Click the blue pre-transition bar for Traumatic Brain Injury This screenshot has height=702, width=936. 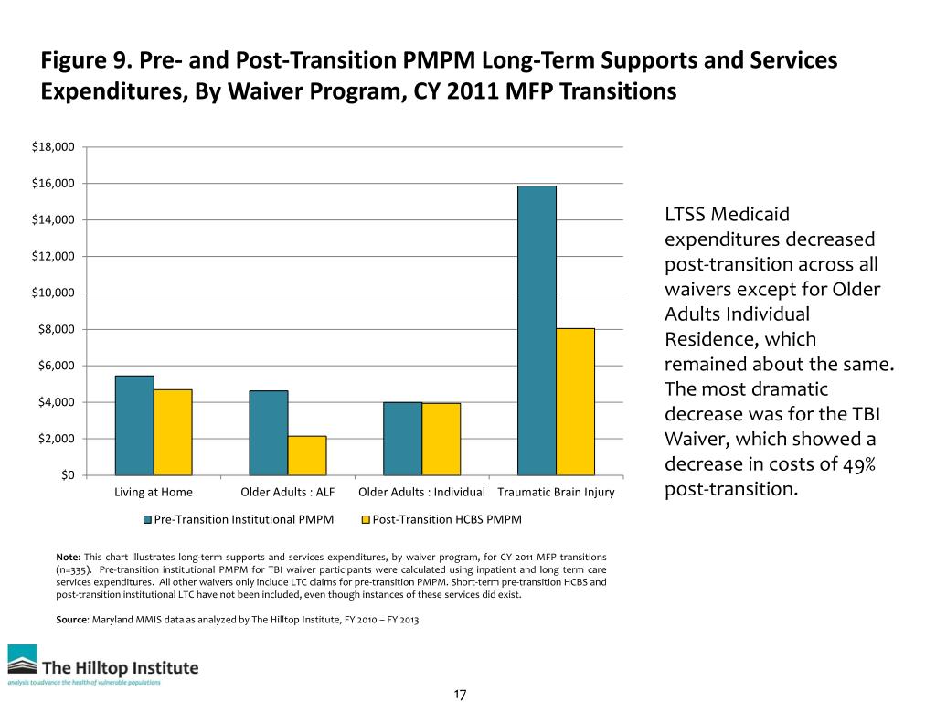click(x=537, y=331)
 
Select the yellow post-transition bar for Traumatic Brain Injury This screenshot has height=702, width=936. click(x=575, y=402)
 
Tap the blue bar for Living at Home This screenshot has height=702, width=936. click(x=134, y=426)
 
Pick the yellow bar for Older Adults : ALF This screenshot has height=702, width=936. click(x=307, y=456)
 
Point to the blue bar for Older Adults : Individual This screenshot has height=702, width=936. click(x=402, y=439)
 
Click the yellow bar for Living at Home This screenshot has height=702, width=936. click(x=173, y=432)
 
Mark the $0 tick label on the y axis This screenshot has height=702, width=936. click(x=66, y=475)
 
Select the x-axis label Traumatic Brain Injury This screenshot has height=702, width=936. click(x=556, y=494)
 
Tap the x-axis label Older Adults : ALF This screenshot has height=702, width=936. click(x=287, y=494)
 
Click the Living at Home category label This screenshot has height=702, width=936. click(x=154, y=494)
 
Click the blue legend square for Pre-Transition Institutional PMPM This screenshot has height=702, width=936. click(x=148, y=520)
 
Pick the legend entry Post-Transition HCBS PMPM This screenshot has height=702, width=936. click(x=447, y=520)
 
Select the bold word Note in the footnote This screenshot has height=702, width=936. click(x=67, y=557)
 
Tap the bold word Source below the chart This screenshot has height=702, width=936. click(x=72, y=621)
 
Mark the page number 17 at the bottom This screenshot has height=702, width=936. click(x=460, y=696)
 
